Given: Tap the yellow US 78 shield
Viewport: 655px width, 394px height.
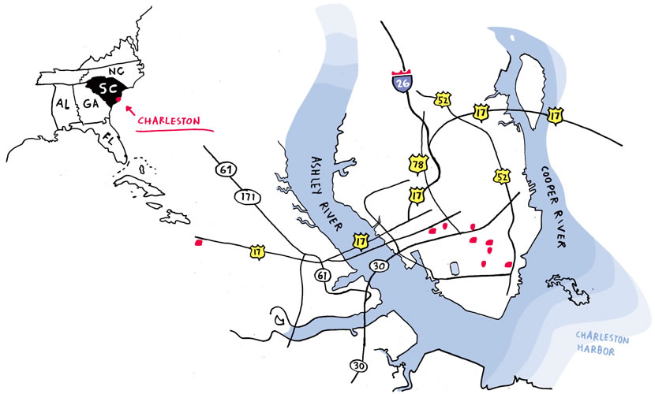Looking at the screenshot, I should click(x=417, y=163).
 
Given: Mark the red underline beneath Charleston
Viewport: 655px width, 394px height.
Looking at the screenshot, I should click(x=167, y=132).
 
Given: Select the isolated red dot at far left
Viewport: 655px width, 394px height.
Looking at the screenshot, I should click(x=197, y=243).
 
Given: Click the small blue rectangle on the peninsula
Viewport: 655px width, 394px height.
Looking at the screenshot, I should click(x=453, y=268).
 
